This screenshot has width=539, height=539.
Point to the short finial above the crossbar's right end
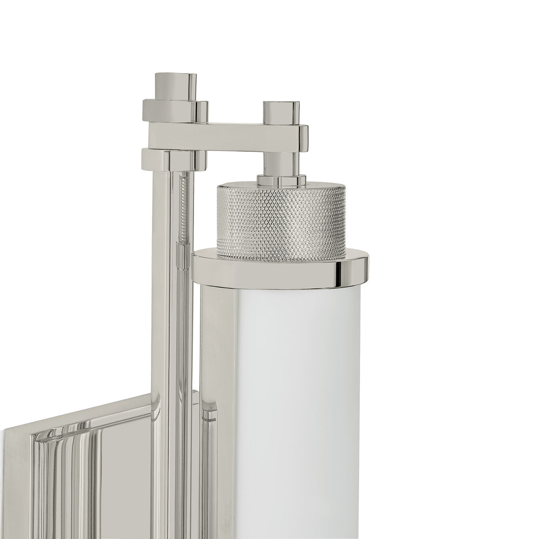tap(280, 113)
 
